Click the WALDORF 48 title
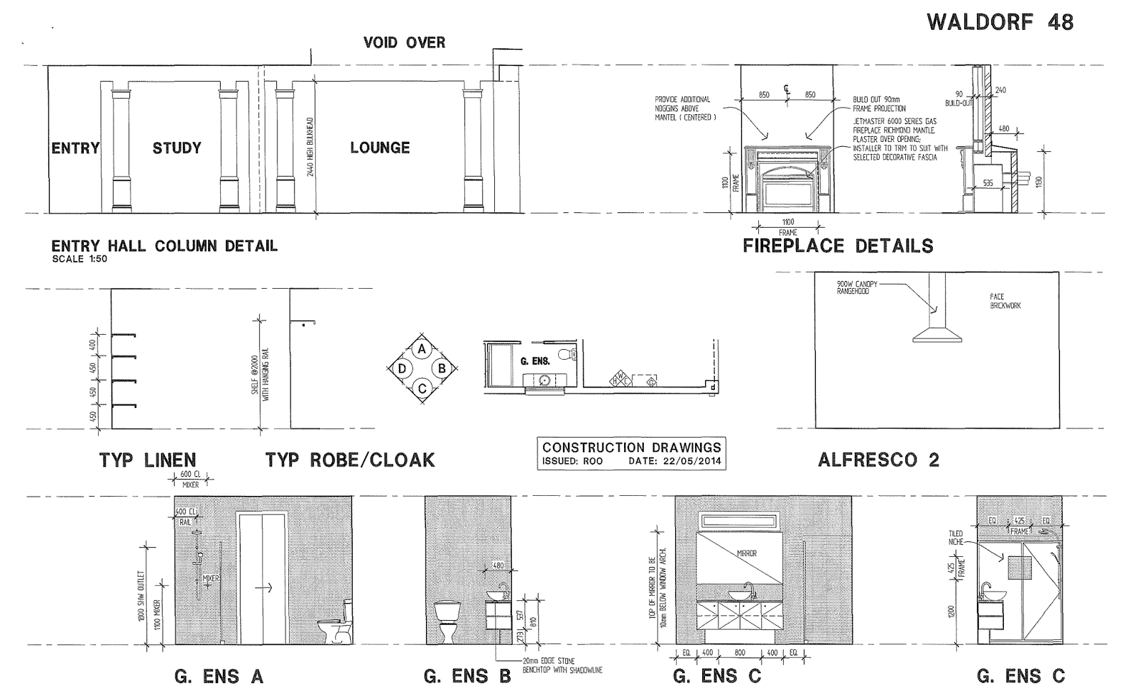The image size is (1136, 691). [1000, 23]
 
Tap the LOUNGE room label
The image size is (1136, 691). [380, 148]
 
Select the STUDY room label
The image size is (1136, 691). [177, 148]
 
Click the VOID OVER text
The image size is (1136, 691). [404, 43]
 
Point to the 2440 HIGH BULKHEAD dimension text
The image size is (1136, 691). [310, 148]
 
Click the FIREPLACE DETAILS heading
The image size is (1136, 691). [838, 246]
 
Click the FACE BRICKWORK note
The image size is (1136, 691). [1005, 301]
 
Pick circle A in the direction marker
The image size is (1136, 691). [422, 349]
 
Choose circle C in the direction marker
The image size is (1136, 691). [422, 388]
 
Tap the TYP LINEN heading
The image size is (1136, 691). [147, 460]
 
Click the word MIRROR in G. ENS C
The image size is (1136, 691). [747, 553]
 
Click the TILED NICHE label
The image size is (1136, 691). [956, 537]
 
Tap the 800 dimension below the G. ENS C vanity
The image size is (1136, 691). [740, 652]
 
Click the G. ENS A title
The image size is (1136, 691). [219, 676]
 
